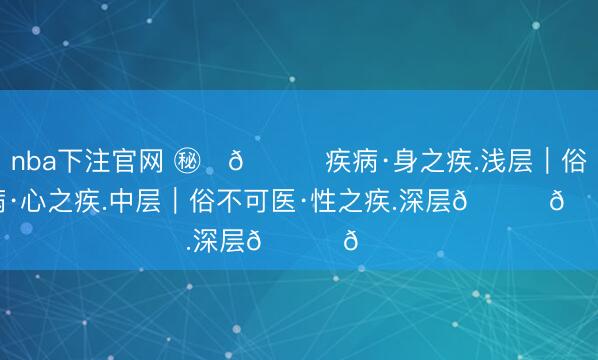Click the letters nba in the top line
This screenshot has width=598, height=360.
[31, 162]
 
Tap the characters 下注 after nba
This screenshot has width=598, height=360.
[78, 162]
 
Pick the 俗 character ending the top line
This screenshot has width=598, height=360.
[573, 162]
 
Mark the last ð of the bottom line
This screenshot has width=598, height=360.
[349, 240]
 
